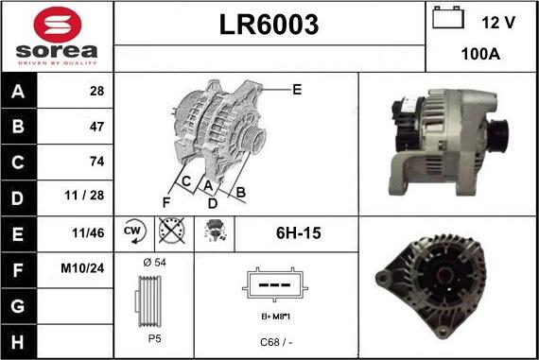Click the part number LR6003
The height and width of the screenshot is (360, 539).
point(269,25)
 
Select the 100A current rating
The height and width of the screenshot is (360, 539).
point(480,55)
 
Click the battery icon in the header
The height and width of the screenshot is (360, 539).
point(446,19)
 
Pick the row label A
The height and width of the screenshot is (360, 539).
point(20,91)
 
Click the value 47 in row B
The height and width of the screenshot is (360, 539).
point(96,126)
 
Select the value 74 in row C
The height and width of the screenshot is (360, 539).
point(96,161)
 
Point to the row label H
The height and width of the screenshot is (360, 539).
point(20,338)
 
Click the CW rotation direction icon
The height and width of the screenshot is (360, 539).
point(132,231)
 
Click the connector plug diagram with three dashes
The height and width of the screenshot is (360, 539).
point(274,285)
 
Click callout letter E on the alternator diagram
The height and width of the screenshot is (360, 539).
point(297,90)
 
